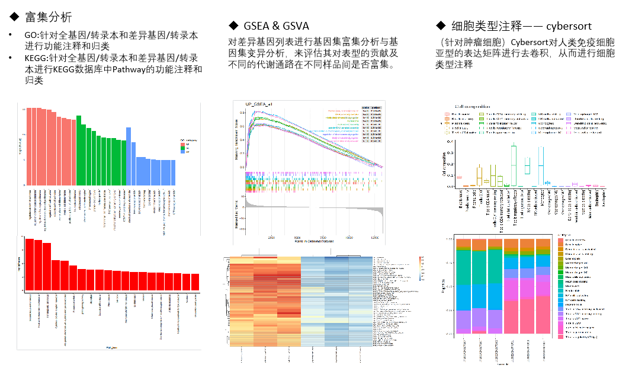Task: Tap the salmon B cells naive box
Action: coord(459,177)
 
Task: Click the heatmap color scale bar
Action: coord(421,267)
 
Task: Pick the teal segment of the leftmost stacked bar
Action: coord(463,266)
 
